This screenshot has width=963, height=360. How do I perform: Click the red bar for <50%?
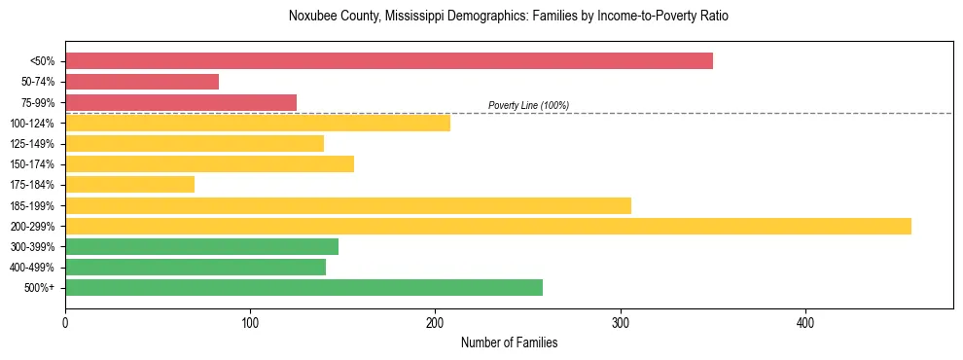[389, 61]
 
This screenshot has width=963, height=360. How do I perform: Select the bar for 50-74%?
[142, 82]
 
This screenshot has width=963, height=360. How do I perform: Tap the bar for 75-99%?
[181, 102]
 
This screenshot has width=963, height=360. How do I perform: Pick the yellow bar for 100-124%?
[258, 123]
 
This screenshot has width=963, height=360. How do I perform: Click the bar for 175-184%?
[129, 184]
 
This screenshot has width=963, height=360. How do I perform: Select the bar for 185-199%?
[348, 205]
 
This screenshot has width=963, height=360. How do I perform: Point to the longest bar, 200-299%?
[488, 226]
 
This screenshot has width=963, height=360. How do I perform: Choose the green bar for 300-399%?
[201, 246]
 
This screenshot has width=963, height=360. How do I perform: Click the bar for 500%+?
[303, 287]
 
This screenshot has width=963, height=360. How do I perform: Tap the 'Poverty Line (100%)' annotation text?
[528, 105]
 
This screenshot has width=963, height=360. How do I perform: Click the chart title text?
[509, 17]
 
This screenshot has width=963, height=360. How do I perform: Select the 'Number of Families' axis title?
[509, 342]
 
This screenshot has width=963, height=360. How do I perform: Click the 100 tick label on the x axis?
[250, 322]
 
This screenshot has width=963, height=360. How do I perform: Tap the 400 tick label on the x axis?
[805, 322]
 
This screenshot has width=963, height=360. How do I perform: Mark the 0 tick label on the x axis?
[65, 322]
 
